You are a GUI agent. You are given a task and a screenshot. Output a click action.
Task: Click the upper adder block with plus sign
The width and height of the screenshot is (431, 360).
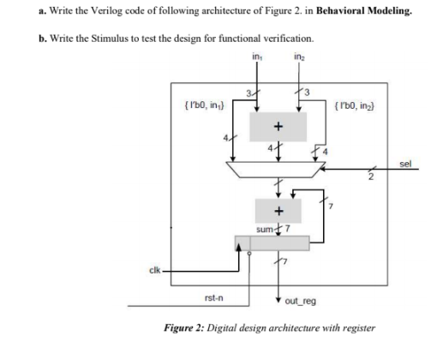pyautogui.click(x=277, y=127)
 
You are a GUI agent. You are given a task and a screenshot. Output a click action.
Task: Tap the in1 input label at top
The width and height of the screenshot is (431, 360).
pyautogui.click(x=255, y=57)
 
